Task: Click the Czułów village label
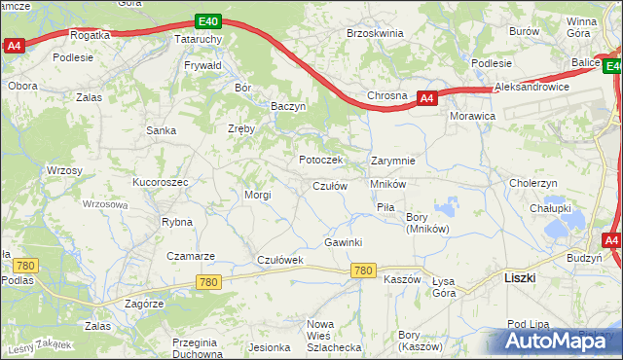(x=330, y=186)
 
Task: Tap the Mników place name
(x=387, y=184)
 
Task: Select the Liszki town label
(x=523, y=277)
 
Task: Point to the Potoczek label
(x=319, y=160)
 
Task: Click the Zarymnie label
(x=393, y=161)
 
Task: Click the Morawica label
(x=473, y=116)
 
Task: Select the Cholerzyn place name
(x=533, y=183)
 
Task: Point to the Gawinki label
(x=344, y=242)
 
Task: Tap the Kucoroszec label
(x=160, y=182)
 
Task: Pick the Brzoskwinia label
(x=375, y=33)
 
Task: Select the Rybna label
(x=177, y=222)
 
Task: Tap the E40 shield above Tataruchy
(x=206, y=20)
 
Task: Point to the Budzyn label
(x=584, y=258)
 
